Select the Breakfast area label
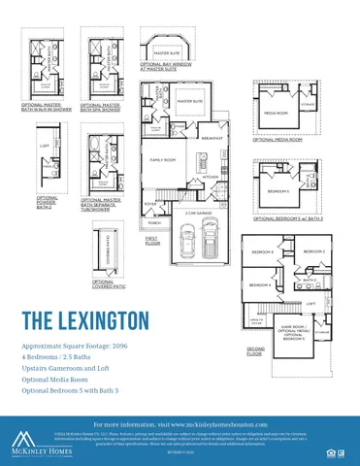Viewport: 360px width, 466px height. click(x=213, y=138)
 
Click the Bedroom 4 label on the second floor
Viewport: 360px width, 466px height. click(x=259, y=284)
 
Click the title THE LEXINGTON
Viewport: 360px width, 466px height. click(x=84, y=319)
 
